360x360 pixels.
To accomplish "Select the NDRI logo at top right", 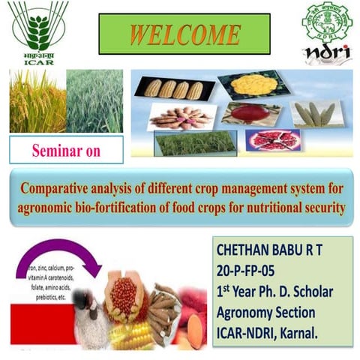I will (325, 31).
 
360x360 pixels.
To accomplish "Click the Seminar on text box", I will (66, 150).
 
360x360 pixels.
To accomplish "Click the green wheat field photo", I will (94, 101).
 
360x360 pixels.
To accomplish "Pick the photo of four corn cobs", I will (173, 88).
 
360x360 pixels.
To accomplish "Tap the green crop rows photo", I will (194, 142).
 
